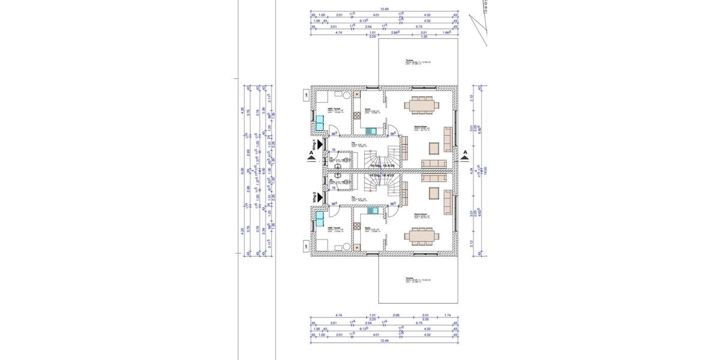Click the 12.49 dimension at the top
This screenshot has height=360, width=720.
[x=385, y=9]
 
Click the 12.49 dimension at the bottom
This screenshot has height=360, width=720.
[x=385, y=341]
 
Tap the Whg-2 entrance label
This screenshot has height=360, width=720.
[x=313, y=197]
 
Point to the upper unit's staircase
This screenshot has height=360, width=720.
[x=377, y=158]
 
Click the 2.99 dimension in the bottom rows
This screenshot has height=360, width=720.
[x=395, y=314]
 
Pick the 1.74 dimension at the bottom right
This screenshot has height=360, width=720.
[x=448, y=314]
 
